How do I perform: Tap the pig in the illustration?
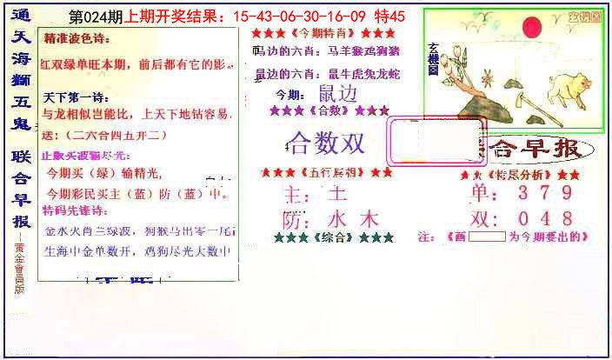569,88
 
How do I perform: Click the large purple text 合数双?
326,143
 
